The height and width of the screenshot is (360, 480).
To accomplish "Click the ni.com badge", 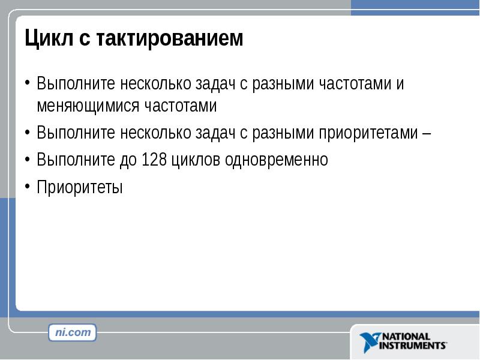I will (x=73, y=332).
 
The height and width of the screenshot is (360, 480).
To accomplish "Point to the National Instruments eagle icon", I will (x=370, y=341).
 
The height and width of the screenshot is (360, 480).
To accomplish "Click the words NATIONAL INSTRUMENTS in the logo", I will (x=413, y=341).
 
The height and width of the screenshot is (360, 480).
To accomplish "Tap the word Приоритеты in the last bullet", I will (x=80, y=188).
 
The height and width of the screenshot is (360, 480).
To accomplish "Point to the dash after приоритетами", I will (x=425, y=133).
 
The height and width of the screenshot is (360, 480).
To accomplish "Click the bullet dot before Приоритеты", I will (x=28, y=186).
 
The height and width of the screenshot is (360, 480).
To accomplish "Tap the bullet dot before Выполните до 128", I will (x=28, y=158).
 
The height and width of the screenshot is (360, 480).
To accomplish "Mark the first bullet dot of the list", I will (x=28, y=82).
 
